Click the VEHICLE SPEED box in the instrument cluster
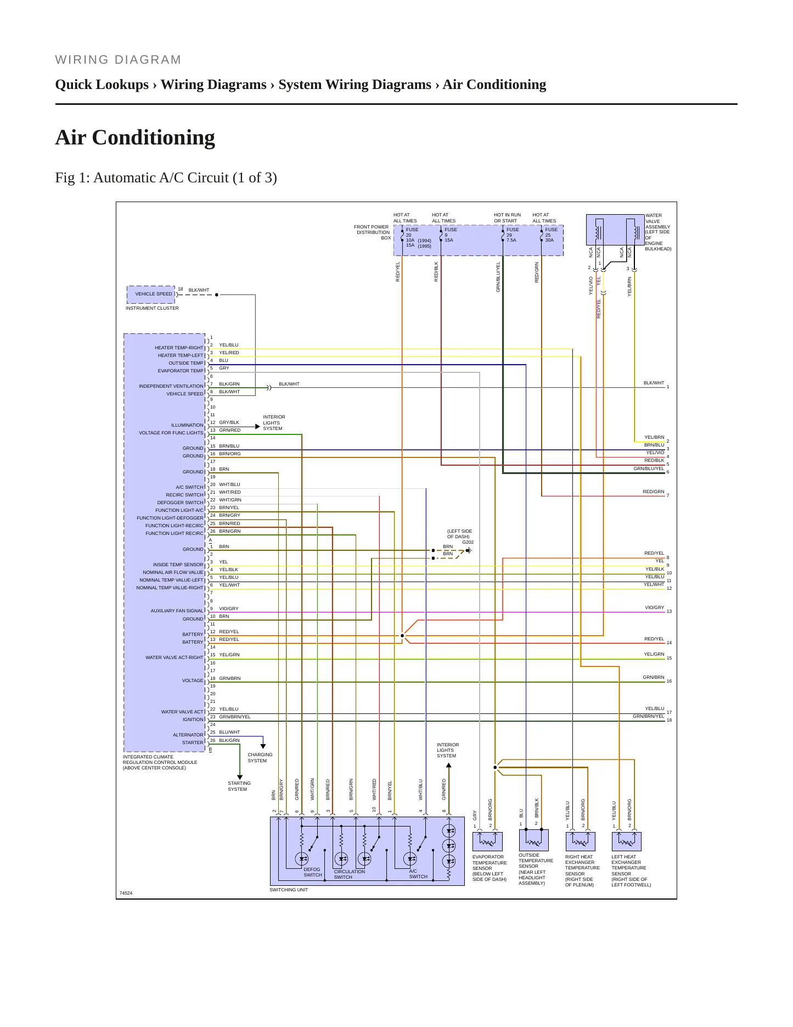click(x=151, y=294)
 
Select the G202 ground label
click(x=468, y=542)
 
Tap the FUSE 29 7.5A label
click(x=512, y=235)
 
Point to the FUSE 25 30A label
click(x=550, y=235)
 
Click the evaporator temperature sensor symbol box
click(x=487, y=841)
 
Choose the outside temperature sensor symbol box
click(x=533, y=840)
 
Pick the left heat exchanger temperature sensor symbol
click(x=626, y=841)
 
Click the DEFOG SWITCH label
click(x=312, y=872)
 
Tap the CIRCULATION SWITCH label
click(x=349, y=874)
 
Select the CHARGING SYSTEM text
click(x=260, y=758)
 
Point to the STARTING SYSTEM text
click(x=239, y=786)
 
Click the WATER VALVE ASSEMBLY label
click(x=657, y=232)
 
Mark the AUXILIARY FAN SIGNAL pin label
click(x=177, y=611)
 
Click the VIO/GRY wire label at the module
click(x=228, y=609)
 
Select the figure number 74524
click(x=126, y=893)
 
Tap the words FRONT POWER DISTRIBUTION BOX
click(x=372, y=232)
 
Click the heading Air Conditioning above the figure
click(x=135, y=137)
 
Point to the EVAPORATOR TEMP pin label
click(x=180, y=371)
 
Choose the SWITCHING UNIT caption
click(x=289, y=890)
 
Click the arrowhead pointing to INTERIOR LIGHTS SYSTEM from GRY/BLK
click(x=257, y=426)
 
